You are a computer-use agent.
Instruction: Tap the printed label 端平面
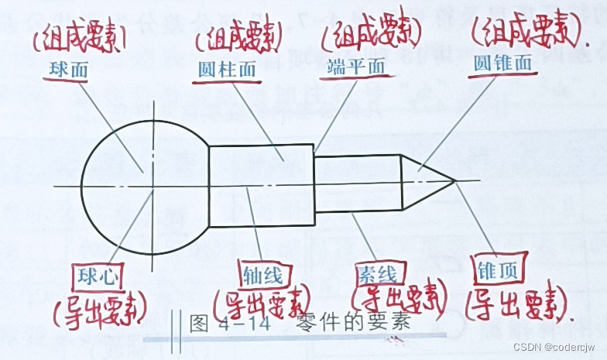click(356, 67)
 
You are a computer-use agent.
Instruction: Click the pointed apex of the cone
click(454, 182)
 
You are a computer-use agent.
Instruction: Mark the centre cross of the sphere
click(153, 187)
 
